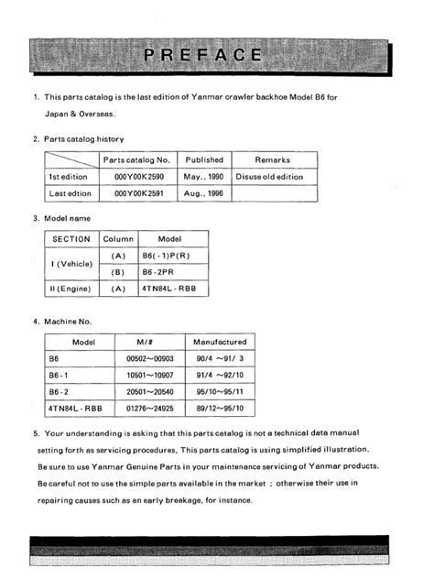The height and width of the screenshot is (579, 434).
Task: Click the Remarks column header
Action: point(272,159)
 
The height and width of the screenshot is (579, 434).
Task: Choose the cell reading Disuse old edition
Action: point(271,176)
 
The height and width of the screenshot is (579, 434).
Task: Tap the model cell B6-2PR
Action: point(158,271)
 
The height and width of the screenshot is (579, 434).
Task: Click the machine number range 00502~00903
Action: point(148,359)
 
